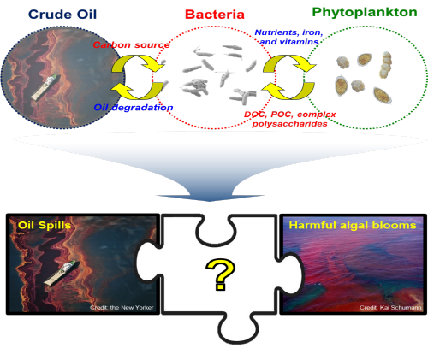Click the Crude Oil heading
[62, 15]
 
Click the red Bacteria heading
[215, 15]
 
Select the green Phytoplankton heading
[365, 13]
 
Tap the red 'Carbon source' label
[131, 44]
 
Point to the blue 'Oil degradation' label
[134, 108]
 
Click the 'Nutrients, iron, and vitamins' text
[288, 37]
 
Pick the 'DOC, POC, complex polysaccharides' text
[289, 119]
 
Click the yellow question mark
[220, 274]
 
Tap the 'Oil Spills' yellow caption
[45, 225]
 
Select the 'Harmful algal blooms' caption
[353, 225]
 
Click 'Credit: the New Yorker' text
[122, 307]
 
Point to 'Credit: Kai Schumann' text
[390, 307]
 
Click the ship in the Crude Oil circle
[45, 86]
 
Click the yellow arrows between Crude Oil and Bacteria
[138, 77]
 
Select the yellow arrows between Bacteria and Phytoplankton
[288, 77]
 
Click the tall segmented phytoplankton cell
[385, 65]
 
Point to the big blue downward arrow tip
[210, 200]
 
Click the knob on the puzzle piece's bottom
[237, 330]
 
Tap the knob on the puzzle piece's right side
[289, 272]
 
